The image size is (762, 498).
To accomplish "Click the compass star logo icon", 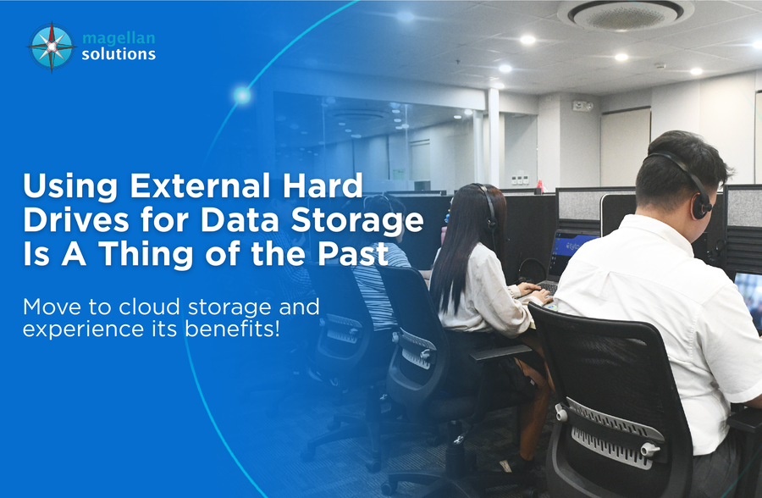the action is (x=52, y=47).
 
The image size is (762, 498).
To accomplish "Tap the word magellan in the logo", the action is (x=119, y=38).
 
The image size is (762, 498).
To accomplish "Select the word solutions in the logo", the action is (x=119, y=54).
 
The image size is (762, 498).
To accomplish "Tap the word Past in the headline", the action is (x=353, y=253).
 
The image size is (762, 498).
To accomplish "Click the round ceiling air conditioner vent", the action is (x=626, y=14).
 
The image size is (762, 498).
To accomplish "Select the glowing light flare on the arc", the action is (x=242, y=95).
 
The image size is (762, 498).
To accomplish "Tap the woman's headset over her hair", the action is (x=488, y=204).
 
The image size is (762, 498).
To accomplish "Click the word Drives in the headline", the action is (x=76, y=220).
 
